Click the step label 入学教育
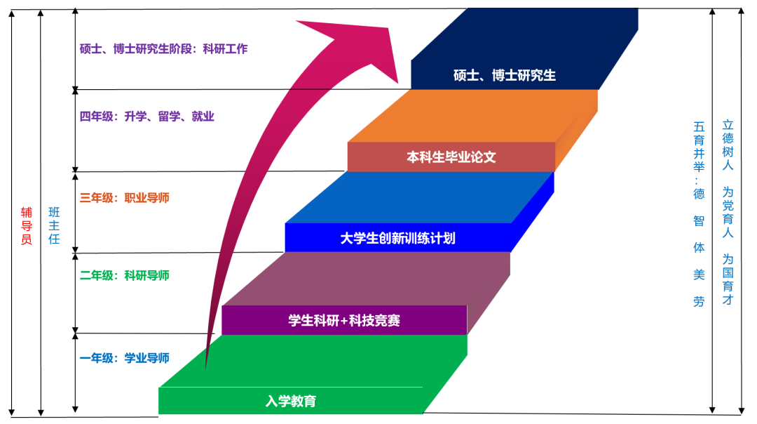pos(291,402)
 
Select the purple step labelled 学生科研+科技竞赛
pos(344,321)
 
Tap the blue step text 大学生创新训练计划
pos(397,238)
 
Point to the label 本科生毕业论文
pos(451,157)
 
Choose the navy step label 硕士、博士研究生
pos(505,75)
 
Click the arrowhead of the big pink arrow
pos(357,42)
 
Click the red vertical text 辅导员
pos(27,225)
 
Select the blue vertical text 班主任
pos(54,225)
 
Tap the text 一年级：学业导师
pos(125,358)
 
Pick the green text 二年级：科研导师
pos(125,275)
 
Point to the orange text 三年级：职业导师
pos(125,198)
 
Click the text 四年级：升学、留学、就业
pos(147,117)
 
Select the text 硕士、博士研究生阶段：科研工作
pos(163,49)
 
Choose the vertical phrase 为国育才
pos(728,279)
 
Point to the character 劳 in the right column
pos(699,302)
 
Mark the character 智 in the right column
pos(699,220)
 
